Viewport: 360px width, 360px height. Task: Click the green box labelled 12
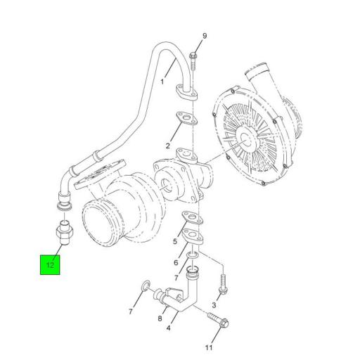coord(50,265)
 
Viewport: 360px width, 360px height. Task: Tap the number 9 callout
coord(205,37)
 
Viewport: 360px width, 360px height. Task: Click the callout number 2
coord(168,146)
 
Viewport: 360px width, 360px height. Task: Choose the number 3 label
coord(214,304)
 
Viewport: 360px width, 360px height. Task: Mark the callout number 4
coord(167,327)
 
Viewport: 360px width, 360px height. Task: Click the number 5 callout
coord(174,240)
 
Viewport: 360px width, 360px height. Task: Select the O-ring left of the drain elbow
coord(144,285)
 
